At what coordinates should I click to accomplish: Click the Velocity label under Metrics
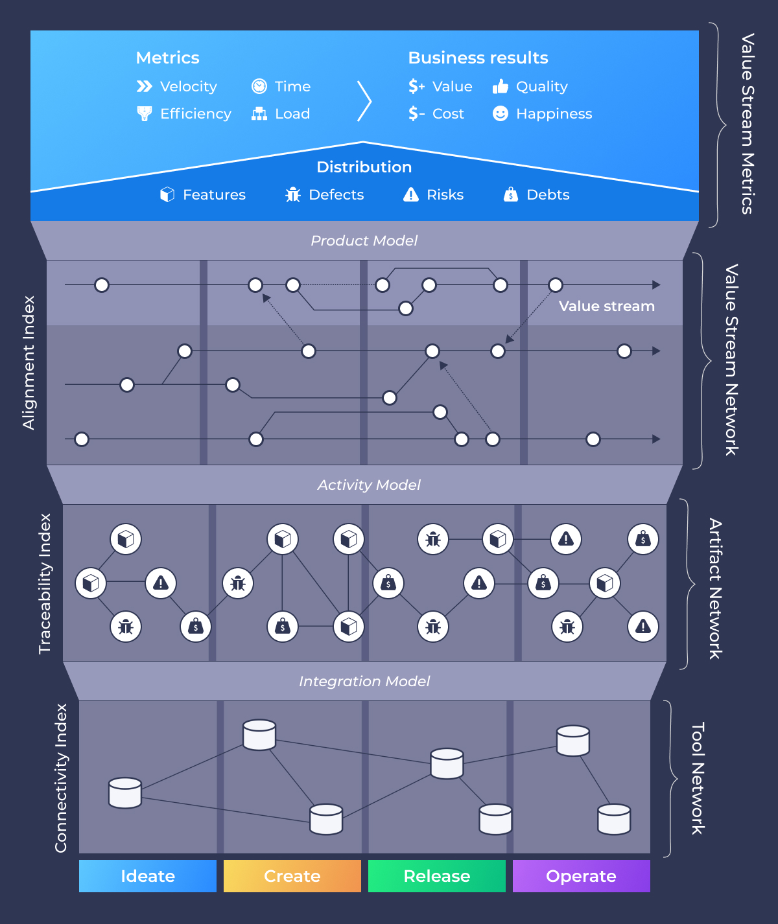click(188, 87)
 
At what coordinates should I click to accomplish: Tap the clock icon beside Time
click(259, 86)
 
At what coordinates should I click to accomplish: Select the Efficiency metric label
click(195, 114)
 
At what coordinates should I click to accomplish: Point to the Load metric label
click(292, 114)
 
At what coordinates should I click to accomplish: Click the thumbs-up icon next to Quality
click(501, 86)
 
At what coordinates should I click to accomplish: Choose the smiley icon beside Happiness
click(501, 113)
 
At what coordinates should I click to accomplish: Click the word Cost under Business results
click(448, 114)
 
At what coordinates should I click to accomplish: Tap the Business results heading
click(478, 58)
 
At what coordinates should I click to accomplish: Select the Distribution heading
click(364, 167)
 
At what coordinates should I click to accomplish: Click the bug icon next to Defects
click(293, 194)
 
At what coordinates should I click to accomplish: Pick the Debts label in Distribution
click(548, 195)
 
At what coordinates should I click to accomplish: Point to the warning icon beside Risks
click(411, 194)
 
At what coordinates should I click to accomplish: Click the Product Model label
click(364, 240)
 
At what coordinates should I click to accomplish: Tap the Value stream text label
click(607, 306)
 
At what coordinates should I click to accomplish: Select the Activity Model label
click(369, 485)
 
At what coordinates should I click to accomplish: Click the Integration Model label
click(364, 681)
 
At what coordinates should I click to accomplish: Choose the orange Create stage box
click(292, 876)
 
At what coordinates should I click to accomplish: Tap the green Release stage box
click(437, 876)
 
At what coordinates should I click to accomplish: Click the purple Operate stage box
click(582, 876)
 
